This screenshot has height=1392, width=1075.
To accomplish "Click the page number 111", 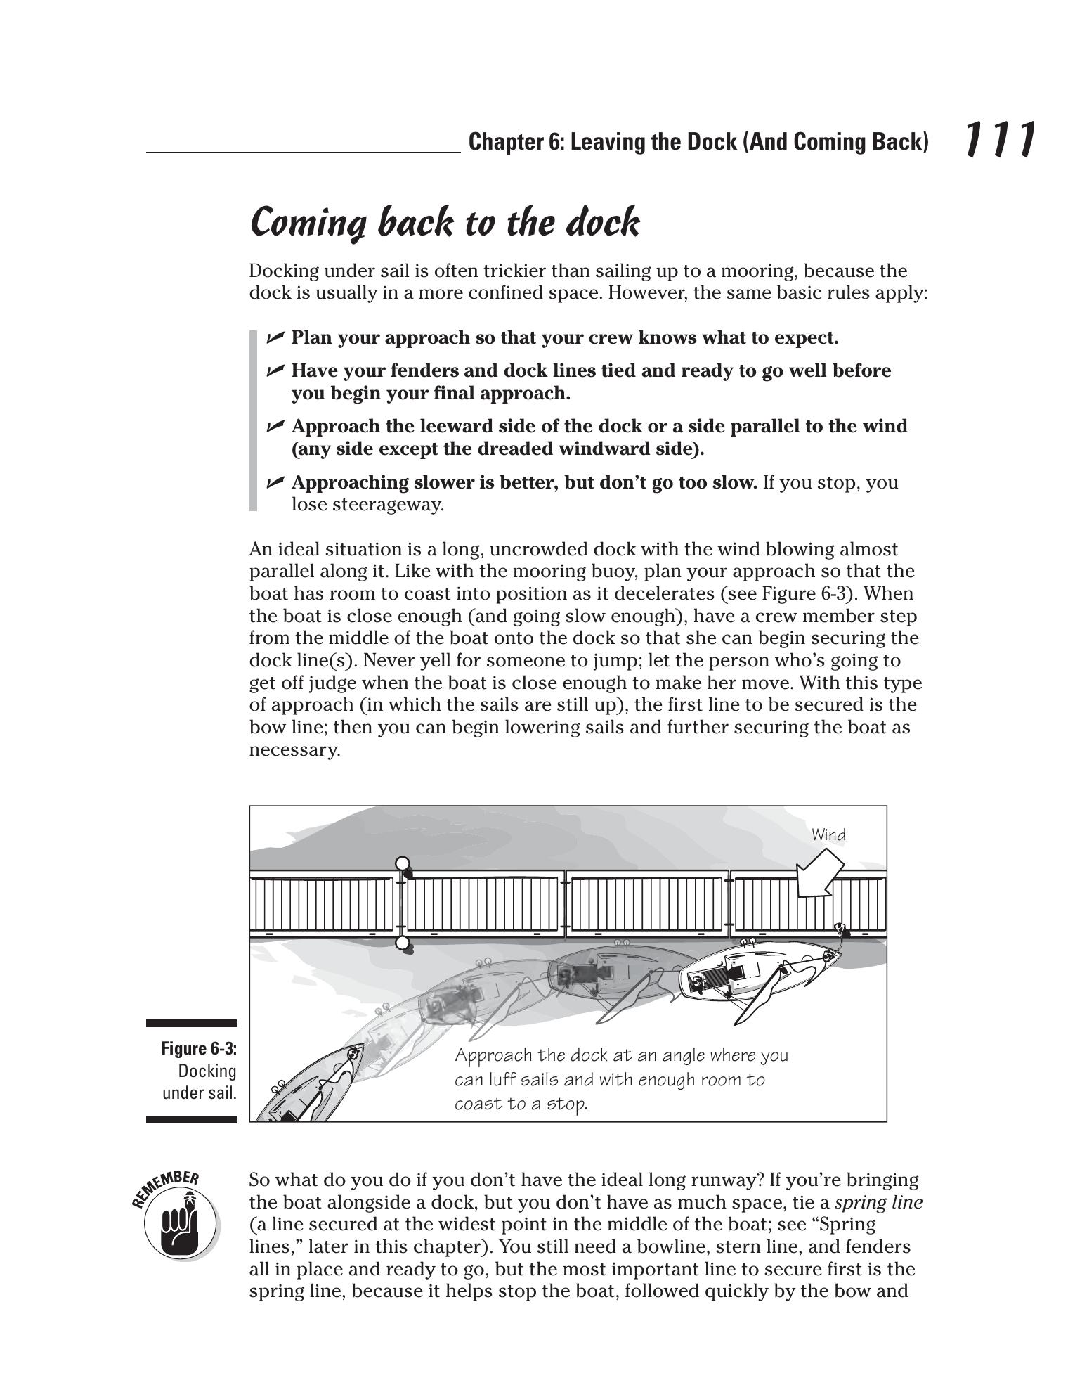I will tap(999, 139).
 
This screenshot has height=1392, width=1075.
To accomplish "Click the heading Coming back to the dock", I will tap(444, 222).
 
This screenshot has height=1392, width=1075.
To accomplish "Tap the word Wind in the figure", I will tap(828, 834).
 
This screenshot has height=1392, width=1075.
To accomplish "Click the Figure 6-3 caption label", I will tap(199, 1048).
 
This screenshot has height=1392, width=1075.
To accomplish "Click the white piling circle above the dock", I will tap(403, 863).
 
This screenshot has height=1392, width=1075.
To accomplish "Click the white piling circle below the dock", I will tap(403, 943).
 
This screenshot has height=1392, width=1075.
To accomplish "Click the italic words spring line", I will tap(878, 1202).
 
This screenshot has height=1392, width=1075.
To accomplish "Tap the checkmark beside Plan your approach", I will tap(275, 337).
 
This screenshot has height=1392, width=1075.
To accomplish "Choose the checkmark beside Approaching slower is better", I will tap(275, 482).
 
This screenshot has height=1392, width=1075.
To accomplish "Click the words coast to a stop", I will tap(521, 1104).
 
